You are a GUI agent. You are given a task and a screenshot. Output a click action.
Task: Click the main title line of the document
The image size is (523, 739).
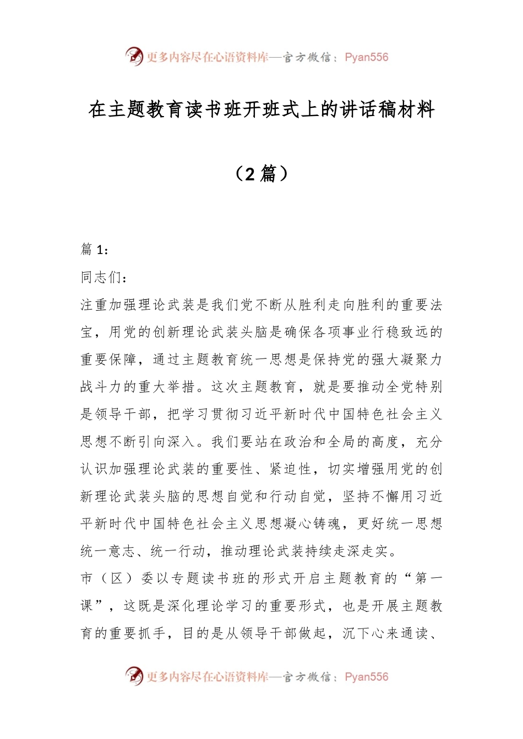(261, 110)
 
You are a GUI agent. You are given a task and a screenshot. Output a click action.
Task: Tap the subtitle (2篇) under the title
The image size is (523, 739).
(261, 174)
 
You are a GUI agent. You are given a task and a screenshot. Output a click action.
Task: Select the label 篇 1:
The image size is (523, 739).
(95, 250)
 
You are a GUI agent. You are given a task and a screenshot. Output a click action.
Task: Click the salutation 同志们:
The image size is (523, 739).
(104, 277)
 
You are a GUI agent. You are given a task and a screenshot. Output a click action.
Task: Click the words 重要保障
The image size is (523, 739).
(109, 360)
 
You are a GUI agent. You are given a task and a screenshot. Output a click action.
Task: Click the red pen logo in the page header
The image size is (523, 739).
(134, 56)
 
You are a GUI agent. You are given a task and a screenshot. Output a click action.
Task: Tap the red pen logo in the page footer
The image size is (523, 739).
(134, 676)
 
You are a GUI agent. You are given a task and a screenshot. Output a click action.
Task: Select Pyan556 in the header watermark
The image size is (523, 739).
(366, 57)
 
